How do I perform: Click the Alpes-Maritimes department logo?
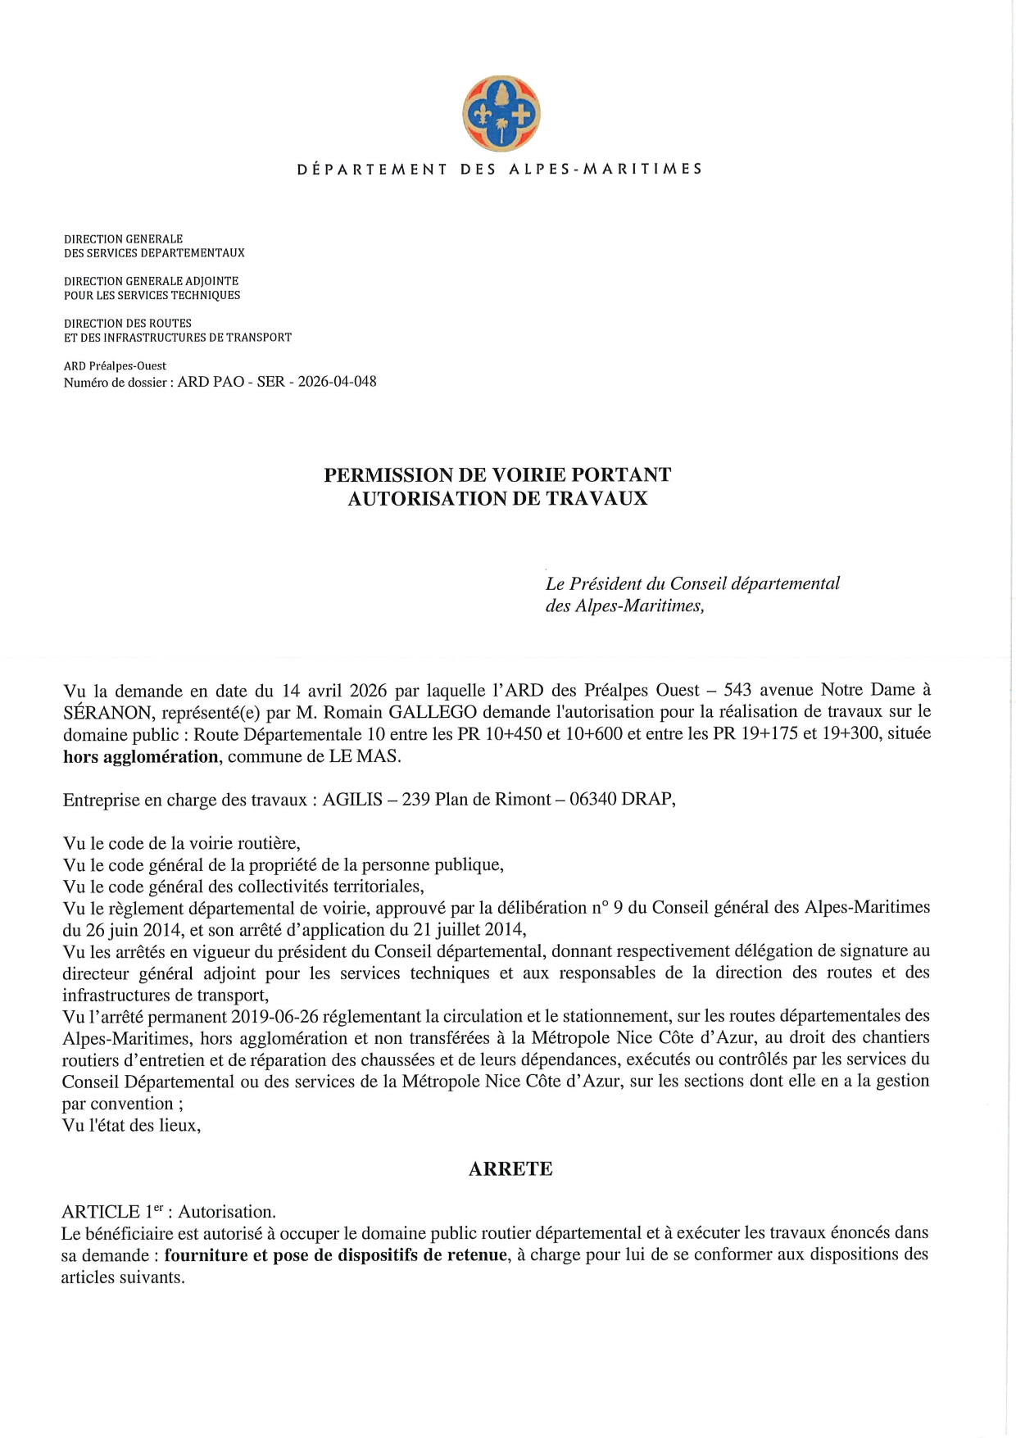[x=501, y=114]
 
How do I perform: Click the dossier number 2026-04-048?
[x=337, y=381]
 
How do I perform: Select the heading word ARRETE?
[x=510, y=1169]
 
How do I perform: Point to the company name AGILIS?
[x=352, y=800]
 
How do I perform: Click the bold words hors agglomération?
[x=141, y=755]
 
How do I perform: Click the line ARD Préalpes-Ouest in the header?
[x=115, y=365]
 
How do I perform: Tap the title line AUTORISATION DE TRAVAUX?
[x=497, y=498]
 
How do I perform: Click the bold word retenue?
[x=477, y=1255]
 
